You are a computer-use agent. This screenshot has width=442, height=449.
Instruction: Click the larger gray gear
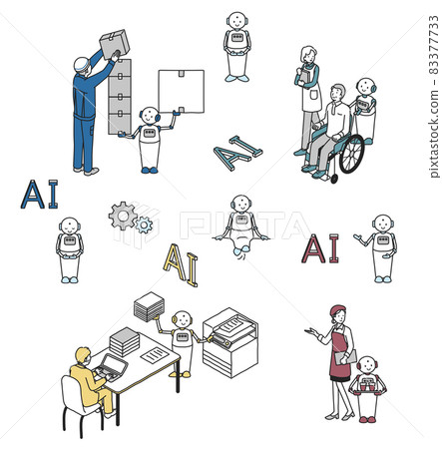[x=123, y=215]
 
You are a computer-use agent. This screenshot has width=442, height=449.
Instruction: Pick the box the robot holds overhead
[x=181, y=91]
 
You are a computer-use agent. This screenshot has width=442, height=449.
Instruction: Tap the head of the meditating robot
[x=239, y=205]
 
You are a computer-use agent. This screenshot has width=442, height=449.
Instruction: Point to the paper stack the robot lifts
[x=150, y=304]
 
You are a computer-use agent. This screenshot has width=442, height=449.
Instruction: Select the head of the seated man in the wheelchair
[x=337, y=94]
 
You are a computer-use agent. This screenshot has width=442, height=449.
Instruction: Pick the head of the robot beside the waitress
[x=367, y=366]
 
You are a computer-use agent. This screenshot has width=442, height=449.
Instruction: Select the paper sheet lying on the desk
[x=156, y=354]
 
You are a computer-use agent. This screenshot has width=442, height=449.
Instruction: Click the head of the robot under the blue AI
[x=69, y=226]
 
